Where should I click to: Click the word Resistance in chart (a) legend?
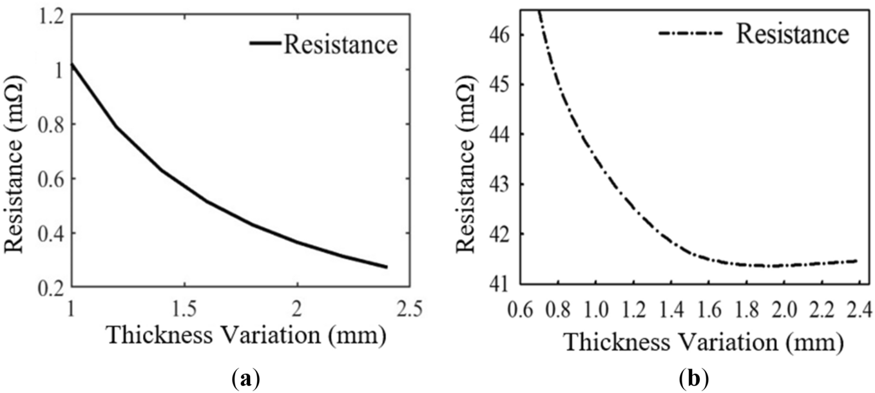(340, 45)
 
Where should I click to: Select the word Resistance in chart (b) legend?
(793, 34)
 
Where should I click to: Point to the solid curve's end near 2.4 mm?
(387, 267)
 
